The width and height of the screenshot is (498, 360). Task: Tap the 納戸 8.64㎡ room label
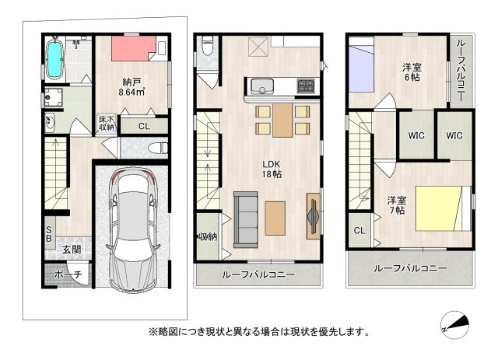(132, 87)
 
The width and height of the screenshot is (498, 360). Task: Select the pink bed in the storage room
(133, 48)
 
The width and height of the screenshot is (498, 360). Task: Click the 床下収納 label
(107, 124)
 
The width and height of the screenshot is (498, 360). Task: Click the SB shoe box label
(48, 234)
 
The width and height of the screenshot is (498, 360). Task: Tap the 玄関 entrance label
(72, 250)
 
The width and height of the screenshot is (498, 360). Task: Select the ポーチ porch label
(68, 274)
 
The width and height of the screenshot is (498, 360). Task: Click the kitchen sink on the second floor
(262, 86)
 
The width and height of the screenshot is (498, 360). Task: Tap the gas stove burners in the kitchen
(306, 86)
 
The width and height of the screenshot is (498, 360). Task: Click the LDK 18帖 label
(272, 170)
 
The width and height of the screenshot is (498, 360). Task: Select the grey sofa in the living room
(246, 219)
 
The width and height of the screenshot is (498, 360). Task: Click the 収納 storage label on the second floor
(208, 236)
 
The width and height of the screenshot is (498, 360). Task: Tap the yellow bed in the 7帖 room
(439, 208)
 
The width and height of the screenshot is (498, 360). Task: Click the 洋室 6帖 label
(412, 72)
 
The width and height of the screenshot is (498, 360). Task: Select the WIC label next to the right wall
(454, 135)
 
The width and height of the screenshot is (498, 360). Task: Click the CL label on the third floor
(359, 230)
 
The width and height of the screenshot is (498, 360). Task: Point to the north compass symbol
(454, 325)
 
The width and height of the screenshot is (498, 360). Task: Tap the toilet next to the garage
(158, 148)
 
